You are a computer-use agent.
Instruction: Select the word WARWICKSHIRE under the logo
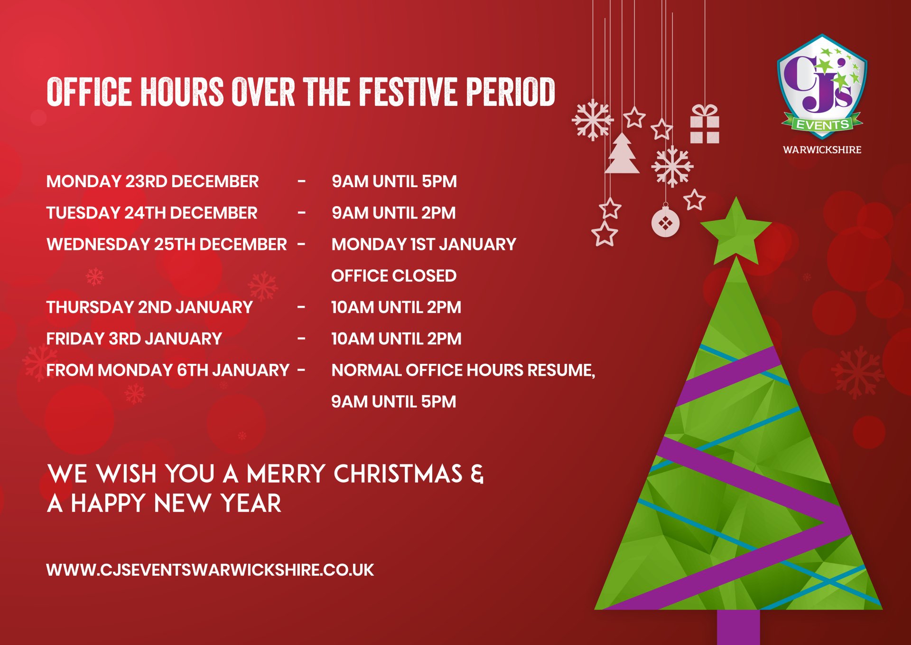click(x=822, y=150)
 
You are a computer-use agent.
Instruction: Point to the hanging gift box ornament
click(x=705, y=124)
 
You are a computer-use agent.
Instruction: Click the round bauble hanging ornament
click(x=665, y=222)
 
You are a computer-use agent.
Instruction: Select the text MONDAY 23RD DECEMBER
click(x=152, y=181)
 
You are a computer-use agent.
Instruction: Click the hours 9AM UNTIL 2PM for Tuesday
click(x=393, y=213)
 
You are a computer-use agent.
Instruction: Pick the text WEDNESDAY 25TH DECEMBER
click(x=167, y=244)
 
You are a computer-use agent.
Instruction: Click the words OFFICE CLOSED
click(x=394, y=275)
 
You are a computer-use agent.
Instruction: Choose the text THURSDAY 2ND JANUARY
click(x=149, y=307)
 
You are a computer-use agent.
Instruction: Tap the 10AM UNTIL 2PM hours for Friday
click(x=396, y=339)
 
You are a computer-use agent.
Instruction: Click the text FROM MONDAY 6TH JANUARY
click(x=168, y=370)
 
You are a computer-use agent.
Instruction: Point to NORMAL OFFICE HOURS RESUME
click(x=463, y=370)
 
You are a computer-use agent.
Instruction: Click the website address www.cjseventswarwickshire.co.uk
click(x=210, y=570)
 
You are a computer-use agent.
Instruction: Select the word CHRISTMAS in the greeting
click(x=398, y=474)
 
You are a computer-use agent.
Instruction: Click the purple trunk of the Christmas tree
click(x=738, y=627)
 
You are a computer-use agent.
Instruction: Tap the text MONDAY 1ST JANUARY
click(x=424, y=244)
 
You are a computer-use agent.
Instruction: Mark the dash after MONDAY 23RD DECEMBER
click(x=301, y=181)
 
